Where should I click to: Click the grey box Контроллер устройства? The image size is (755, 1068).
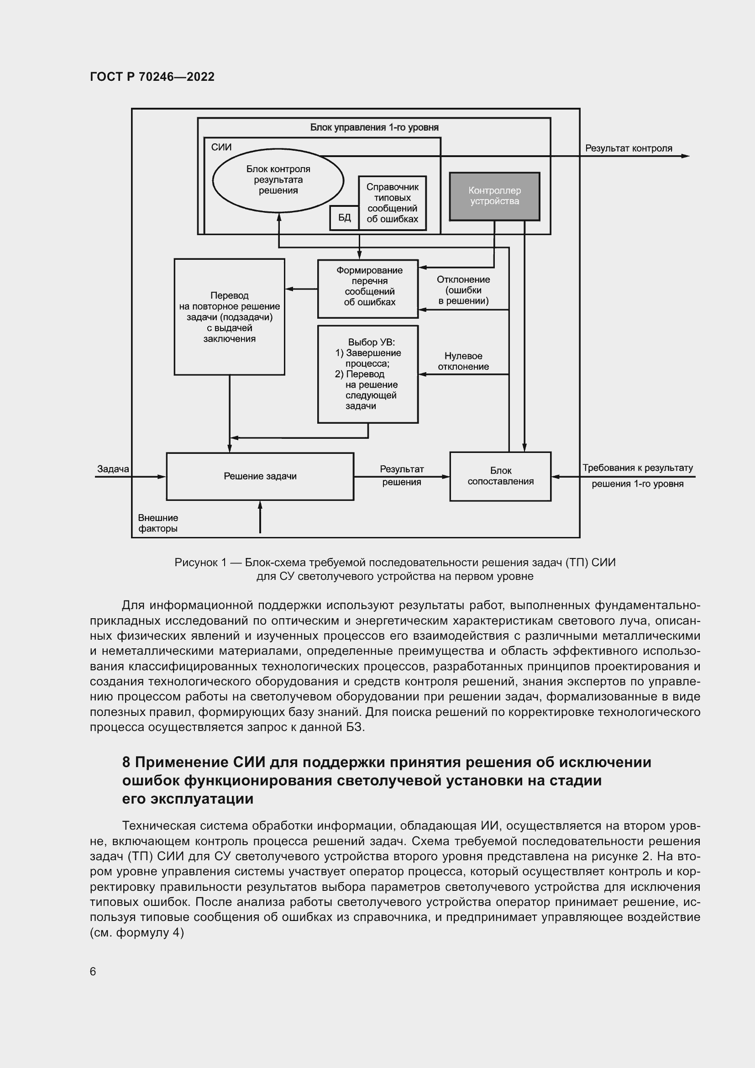[494, 196]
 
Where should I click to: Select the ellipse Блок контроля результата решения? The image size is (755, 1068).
[278, 180]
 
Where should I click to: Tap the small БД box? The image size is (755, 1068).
[344, 218]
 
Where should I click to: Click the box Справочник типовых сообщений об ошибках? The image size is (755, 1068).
[392, 203]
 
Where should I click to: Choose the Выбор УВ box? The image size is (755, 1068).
[368, 374]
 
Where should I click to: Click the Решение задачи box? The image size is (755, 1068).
[260, 476]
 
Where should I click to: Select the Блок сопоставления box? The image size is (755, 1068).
[500, 476]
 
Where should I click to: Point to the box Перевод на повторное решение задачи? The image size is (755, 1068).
[229, 317]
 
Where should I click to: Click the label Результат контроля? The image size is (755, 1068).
[629, 148]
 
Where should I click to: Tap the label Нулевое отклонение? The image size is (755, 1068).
[463, 362]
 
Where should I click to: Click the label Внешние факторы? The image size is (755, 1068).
[158, 523]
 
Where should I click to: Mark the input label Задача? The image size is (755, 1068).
[113, 469]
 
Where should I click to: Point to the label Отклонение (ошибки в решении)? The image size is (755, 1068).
[463, 290]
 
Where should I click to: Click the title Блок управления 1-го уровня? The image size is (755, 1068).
[374, 127]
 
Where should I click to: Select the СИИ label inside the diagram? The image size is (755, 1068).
[221, 147]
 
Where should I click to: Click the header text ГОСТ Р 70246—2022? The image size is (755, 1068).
[152, 77]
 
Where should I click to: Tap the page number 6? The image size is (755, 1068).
[93, 972]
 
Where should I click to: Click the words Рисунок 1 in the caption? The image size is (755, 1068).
[200, 563]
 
